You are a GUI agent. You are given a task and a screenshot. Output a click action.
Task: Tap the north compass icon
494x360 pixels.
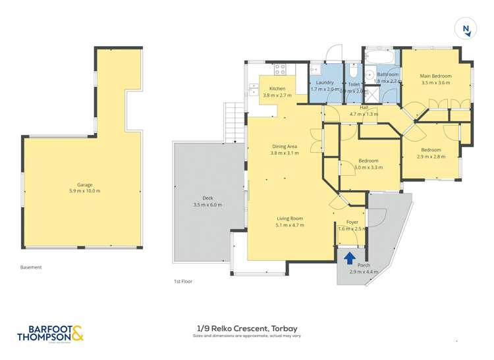[x=466, y=28]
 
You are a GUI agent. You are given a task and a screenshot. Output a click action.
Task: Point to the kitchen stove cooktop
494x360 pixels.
[x=279, y=68]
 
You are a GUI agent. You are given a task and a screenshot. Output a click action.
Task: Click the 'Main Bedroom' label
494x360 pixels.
[x=435, y=76]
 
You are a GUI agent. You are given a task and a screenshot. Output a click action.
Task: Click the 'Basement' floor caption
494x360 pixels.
[x=31, y=267]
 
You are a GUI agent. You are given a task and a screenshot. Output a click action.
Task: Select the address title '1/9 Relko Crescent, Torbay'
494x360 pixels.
[x=246, y=328]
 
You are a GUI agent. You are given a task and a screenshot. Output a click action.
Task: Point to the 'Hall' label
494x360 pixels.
[x=364, y=107]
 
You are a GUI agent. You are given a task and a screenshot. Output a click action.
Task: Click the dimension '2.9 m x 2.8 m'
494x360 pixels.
[x=433, y=157]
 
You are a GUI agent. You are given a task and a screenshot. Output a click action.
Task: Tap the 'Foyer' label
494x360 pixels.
[x=352, y=222]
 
